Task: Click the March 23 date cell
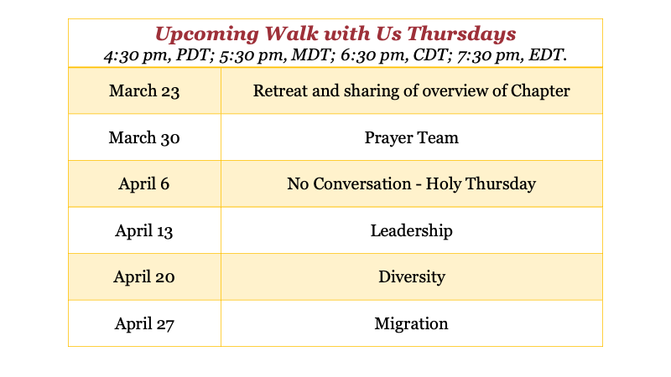[144, 91]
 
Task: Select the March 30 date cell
[144, 137]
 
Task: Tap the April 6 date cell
[143, 183]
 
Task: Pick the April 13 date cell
[143, 231]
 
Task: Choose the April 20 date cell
[143, 277]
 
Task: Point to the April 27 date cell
[144, 323]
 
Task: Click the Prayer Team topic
[411, 137]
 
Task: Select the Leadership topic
[411, 231]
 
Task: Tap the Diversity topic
[412, 277]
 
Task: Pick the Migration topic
[411, 323]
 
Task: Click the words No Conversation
[349, 183]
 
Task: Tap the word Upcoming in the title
[206, 34]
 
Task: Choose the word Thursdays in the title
[461, 34]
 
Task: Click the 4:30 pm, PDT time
[159, 55]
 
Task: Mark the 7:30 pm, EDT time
[512, 55]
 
